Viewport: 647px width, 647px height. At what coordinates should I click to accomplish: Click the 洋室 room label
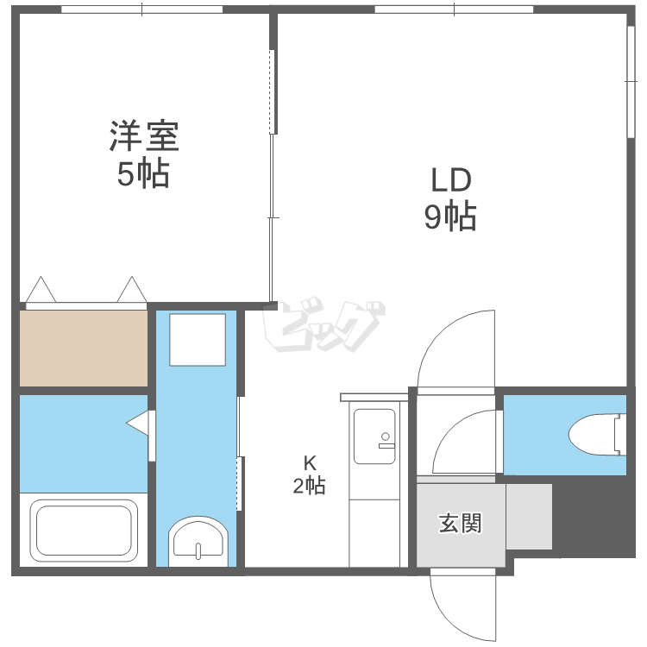click(143, 136)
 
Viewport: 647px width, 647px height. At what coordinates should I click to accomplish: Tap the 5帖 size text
click(143, 175)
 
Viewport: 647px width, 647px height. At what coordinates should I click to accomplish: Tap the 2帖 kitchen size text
click(309, 487)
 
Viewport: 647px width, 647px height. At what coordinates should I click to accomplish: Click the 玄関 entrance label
click(460, 524)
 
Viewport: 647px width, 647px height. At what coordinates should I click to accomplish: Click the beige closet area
click(84, 348)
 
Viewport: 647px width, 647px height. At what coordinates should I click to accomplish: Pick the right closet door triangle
click(132, 291)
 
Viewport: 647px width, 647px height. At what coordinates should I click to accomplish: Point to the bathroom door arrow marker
click(138, 424)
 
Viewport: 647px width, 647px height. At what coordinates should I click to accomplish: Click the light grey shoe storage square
click(528, 516)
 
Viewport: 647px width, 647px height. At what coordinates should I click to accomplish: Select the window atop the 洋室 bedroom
click(142, 9)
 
